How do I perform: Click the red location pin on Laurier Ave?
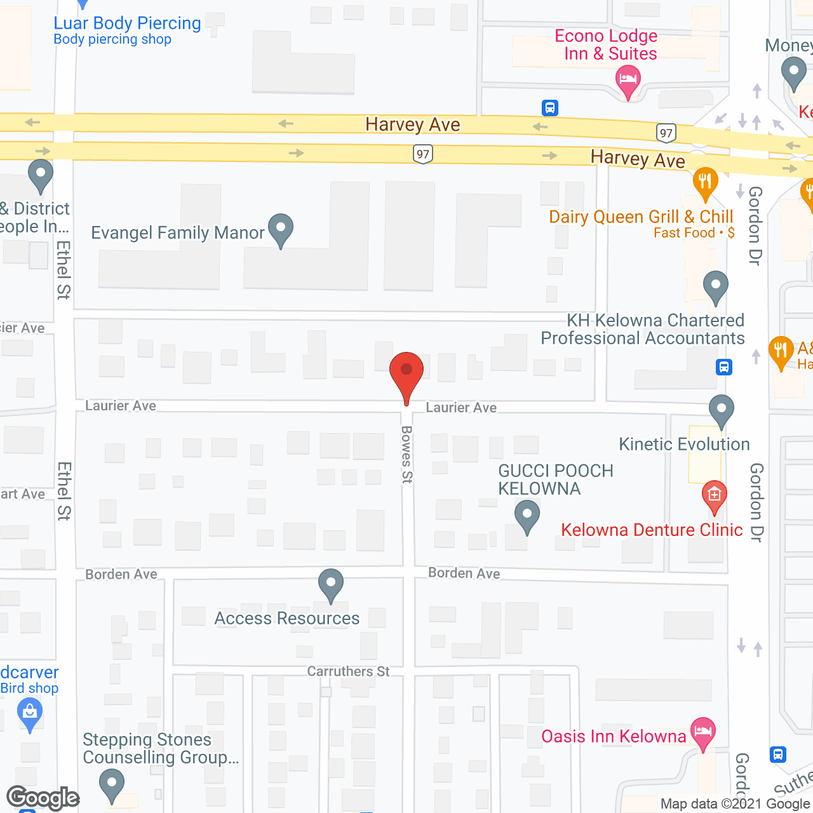point(406,372)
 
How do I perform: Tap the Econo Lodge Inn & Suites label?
point(606,44)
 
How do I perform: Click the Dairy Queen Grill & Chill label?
point(641,217)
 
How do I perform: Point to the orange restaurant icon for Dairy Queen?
point(705,182)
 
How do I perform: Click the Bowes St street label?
point(406,454)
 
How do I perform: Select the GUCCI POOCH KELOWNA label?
point(555,480)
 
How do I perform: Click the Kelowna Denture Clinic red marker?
point(714,495)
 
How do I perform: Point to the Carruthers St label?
point(348,671)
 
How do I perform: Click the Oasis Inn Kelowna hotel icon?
point(702,732)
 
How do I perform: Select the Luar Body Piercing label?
point(127,24)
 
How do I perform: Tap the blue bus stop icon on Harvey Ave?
point(550,108)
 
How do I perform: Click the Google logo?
point(43,798)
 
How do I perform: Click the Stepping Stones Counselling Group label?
point(160,748)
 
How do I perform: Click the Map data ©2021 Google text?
point(736,804)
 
